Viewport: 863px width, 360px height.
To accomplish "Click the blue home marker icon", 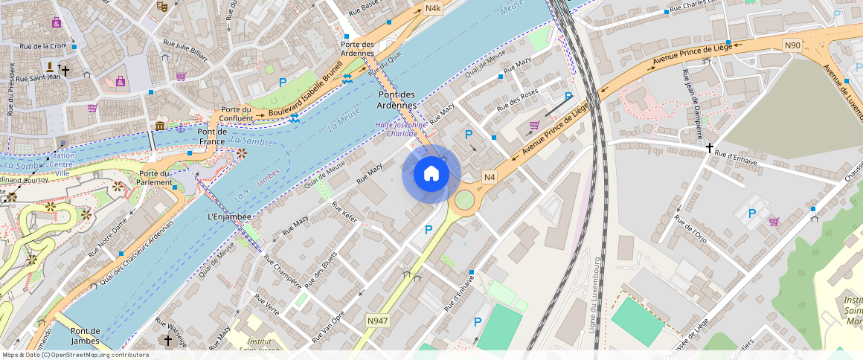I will pos(431,174).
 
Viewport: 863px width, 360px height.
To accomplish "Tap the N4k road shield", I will pos(433,8).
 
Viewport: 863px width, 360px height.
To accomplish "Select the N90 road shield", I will pos(792,45).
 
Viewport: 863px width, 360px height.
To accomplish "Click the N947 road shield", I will pos(377,321).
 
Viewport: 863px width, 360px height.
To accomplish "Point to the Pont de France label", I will pos(211,136).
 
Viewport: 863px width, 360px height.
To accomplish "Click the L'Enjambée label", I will pos(229,216).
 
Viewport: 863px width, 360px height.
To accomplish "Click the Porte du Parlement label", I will pos(156,179).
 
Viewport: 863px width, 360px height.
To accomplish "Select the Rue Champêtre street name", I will pos(283,272).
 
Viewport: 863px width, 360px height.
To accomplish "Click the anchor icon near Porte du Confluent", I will pos(180,127).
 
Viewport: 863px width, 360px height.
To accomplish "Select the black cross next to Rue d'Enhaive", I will pos(710,149).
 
